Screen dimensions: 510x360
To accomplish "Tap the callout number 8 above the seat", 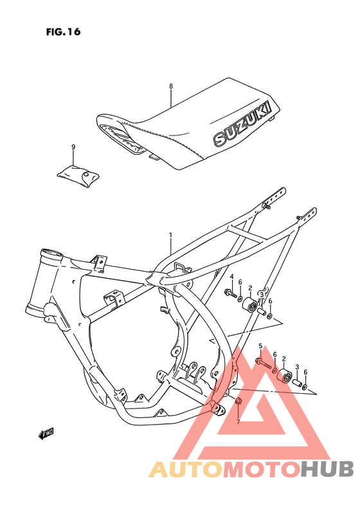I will point(171,86).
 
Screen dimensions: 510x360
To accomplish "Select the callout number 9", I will point(73,147).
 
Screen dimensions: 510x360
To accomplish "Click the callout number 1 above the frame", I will point(170,235).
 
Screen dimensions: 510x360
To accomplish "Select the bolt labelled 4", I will point(230,294).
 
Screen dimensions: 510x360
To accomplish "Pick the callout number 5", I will point(260,347).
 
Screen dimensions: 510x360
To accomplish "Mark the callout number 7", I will point(237,421).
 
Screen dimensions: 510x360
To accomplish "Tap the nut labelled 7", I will point(238,403).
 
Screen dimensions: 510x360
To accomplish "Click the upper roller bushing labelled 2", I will point(248,303).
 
